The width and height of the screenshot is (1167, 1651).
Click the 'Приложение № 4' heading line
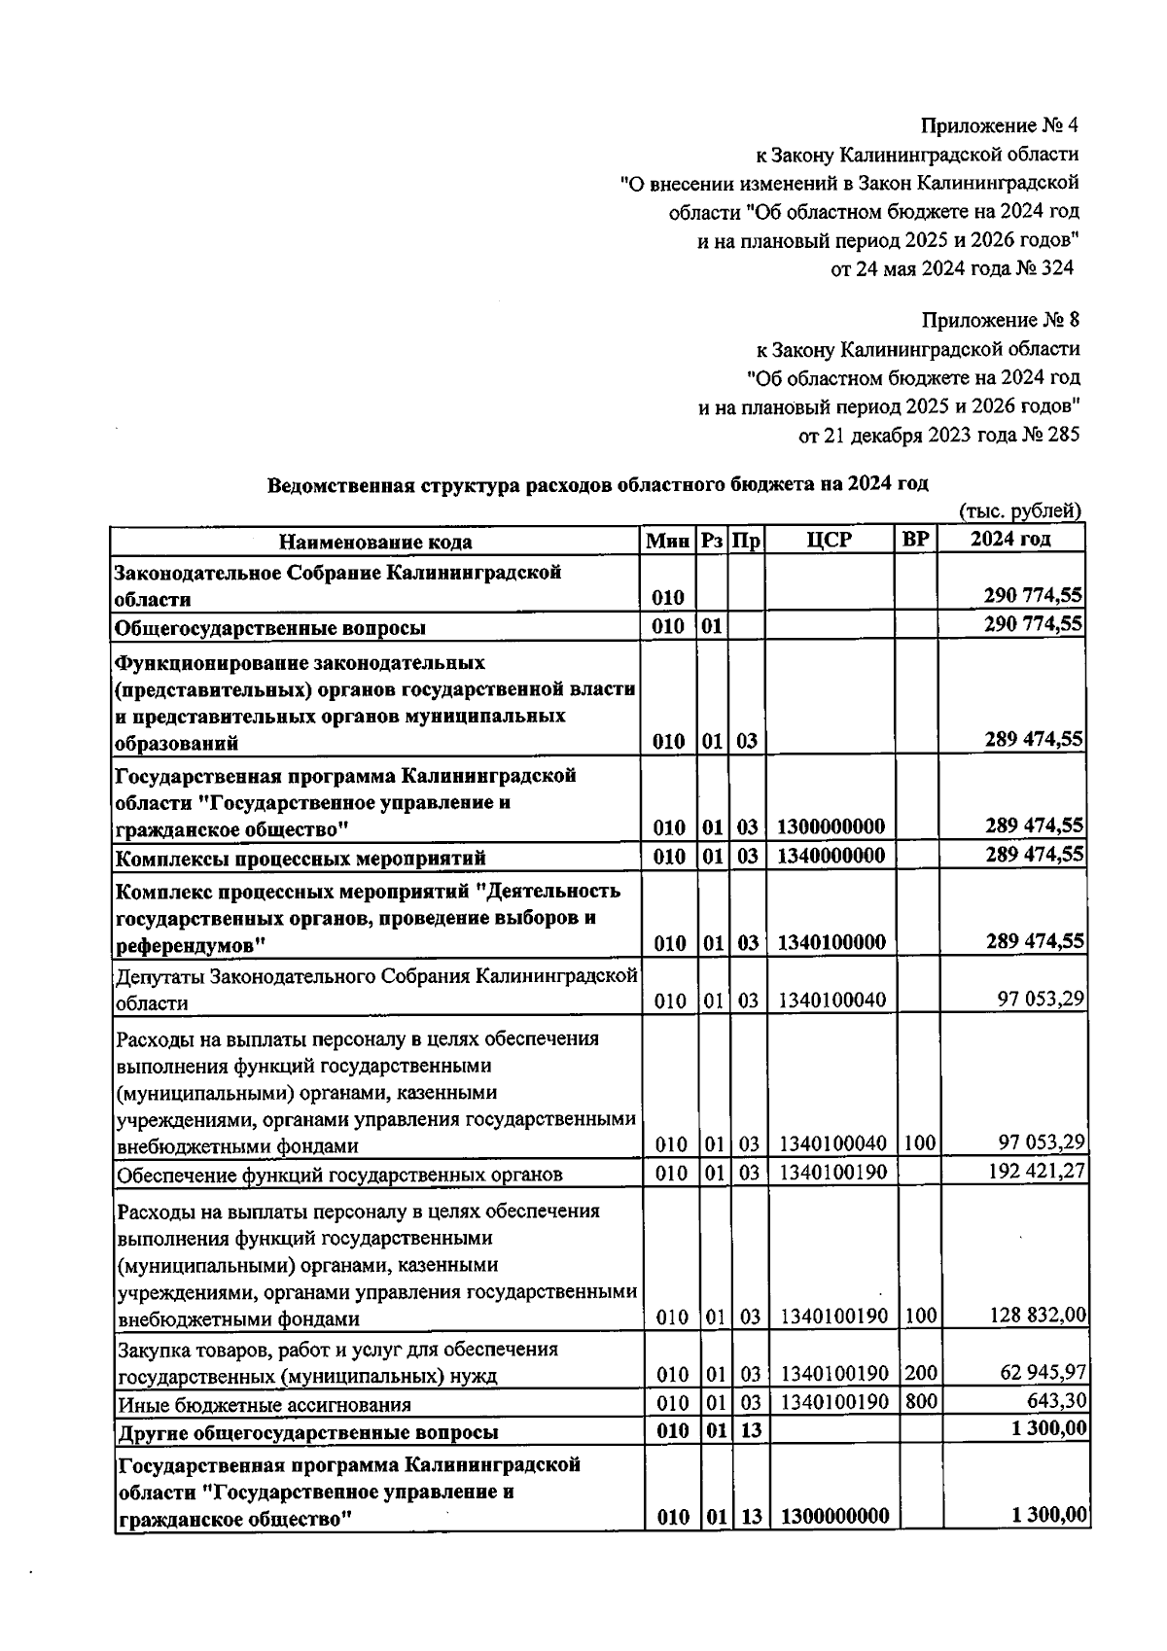point(1000,125)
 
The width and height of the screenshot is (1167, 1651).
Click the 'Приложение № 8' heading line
point(1000,320)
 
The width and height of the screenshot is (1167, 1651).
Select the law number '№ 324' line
point(951,268)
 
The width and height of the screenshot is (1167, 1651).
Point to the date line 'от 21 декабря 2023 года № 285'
point(938,436)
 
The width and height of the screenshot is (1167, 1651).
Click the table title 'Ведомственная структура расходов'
point(598,484)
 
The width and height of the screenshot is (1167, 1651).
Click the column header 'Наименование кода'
point(376,542)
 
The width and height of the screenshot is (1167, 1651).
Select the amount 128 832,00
point(1037,1316)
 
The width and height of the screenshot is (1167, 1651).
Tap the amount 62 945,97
point(1043,1373)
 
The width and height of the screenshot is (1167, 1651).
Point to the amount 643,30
point(1058,1401)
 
